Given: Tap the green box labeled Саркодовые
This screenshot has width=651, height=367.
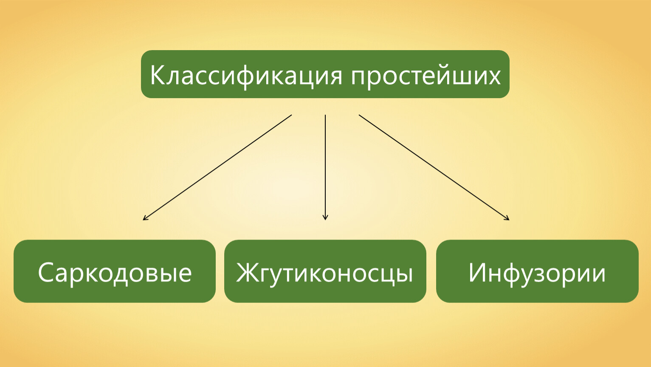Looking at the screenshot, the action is click(115, 271).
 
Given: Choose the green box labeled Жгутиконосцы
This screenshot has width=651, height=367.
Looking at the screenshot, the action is click(325, 271).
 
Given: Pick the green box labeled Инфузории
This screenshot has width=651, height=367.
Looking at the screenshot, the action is click(537, 271).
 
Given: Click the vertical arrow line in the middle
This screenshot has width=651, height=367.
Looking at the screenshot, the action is click(325, 167).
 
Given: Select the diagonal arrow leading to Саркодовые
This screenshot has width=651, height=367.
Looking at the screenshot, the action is click(217, 167).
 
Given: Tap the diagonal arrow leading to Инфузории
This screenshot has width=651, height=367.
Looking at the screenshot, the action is click(434, 167).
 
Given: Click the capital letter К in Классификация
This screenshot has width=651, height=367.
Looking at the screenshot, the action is click(158, 75).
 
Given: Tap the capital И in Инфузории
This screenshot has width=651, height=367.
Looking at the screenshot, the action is click(477, 272).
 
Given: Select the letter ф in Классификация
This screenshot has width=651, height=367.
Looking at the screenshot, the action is click(245, 77).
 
